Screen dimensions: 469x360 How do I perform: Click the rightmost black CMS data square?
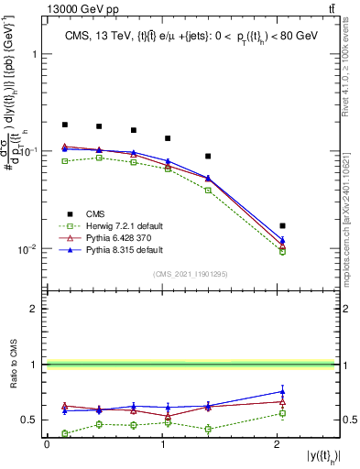click(x=282, y=225)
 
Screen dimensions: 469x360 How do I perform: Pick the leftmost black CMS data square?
click(x=65, y=125)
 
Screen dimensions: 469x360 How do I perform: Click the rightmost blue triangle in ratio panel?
click(x=282, y=391)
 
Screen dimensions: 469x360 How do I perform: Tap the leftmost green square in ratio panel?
click(x=65, y=433)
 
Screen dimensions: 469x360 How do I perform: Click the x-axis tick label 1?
click(x=162, y=444)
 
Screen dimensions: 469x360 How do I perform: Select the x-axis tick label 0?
click(x=47, y=444)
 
